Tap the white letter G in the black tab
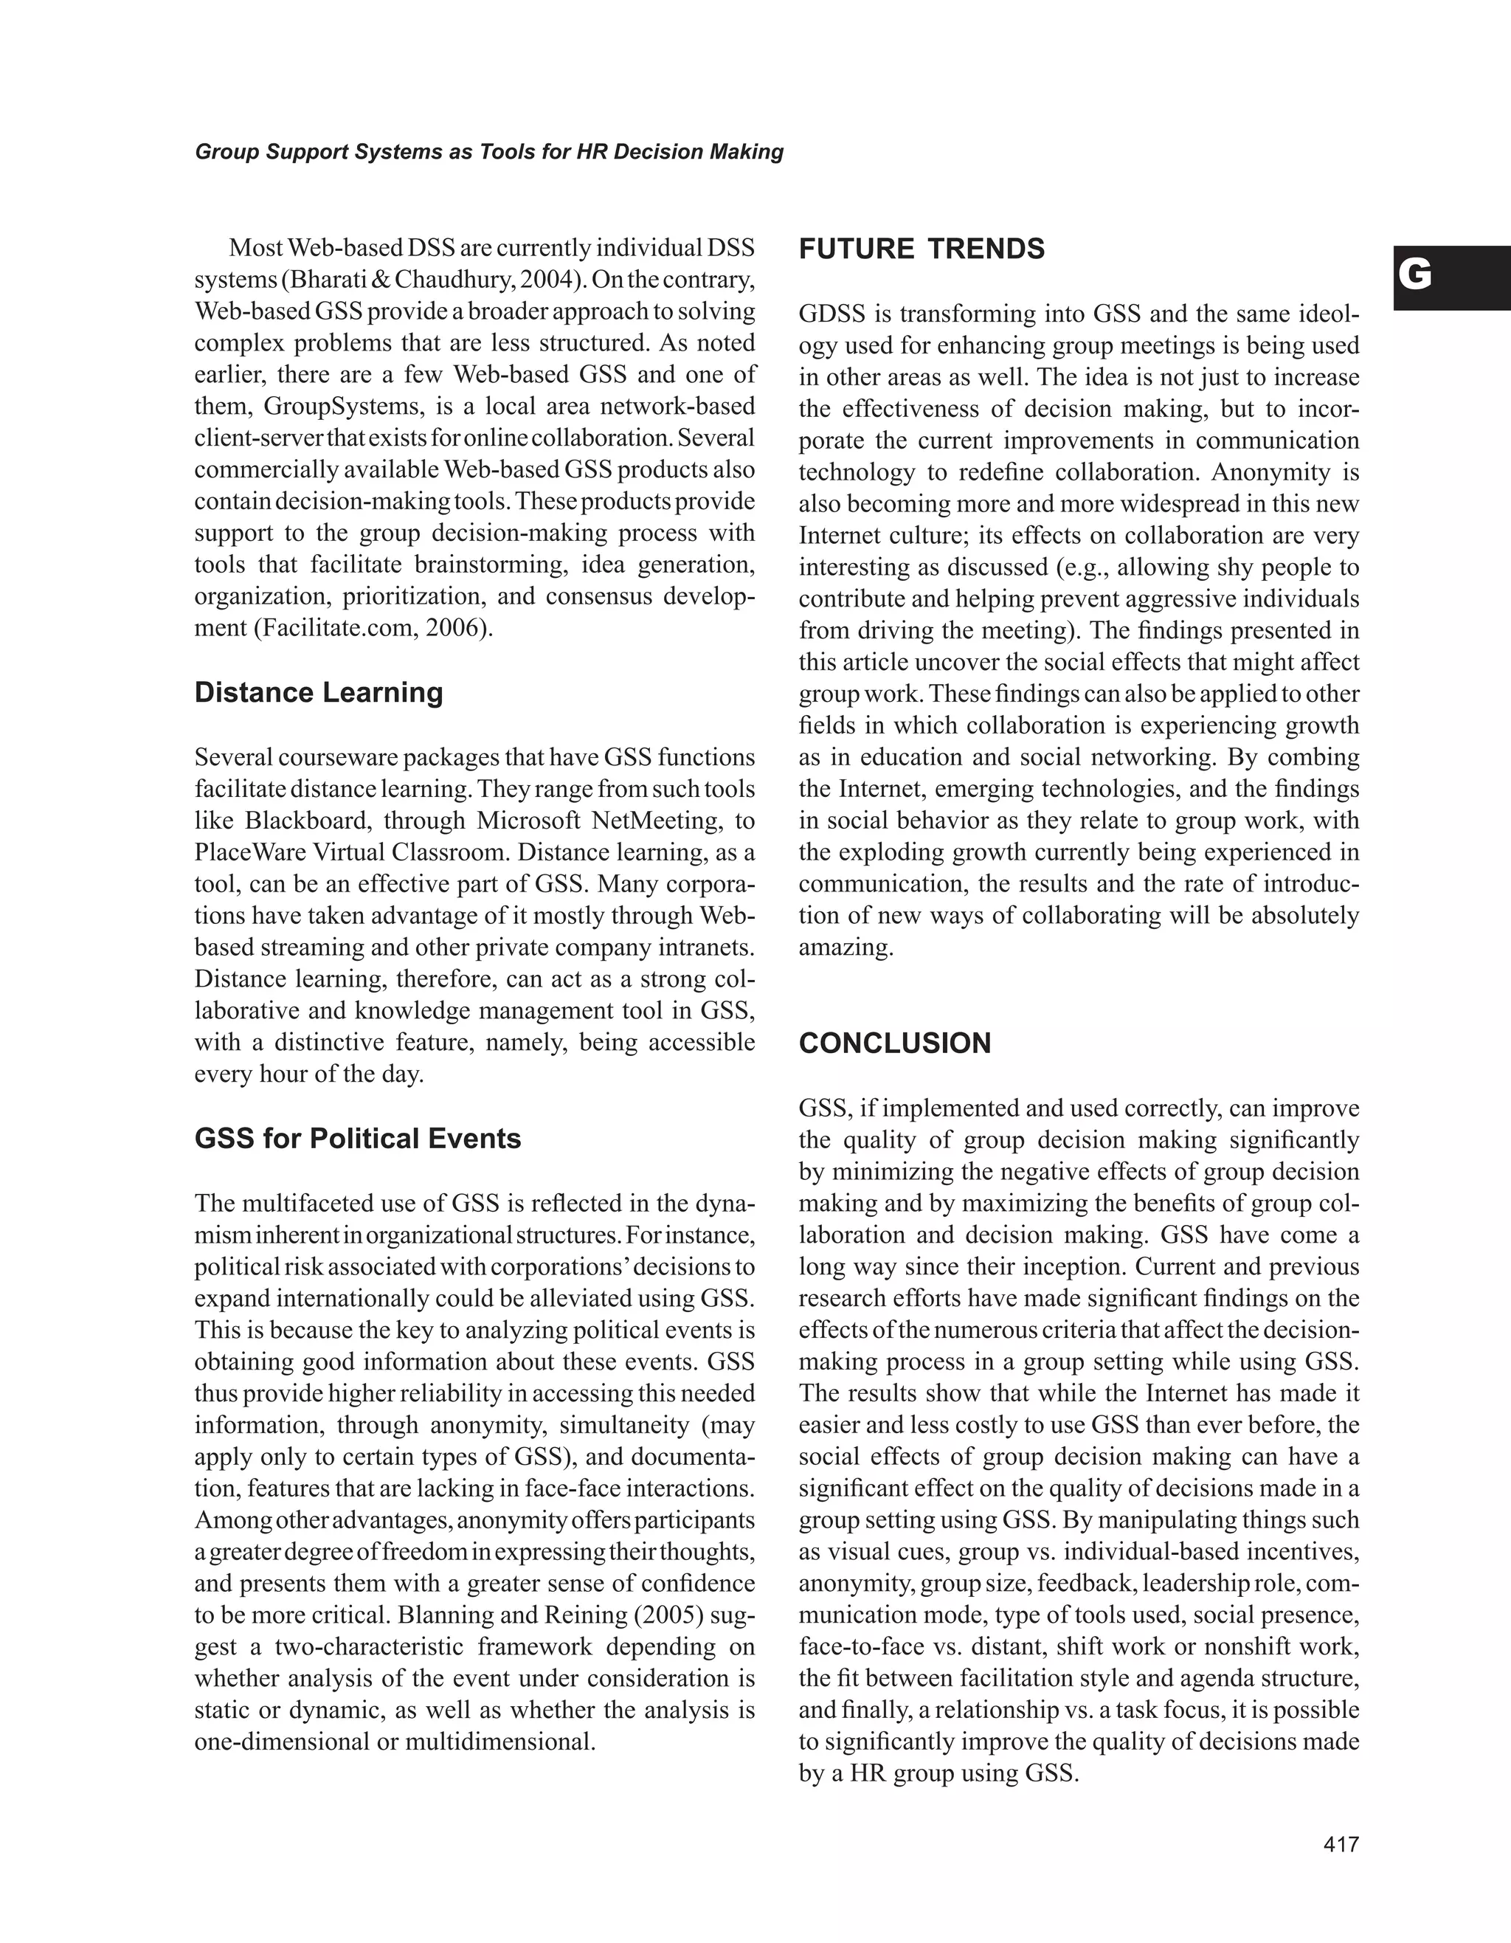point(1415,276)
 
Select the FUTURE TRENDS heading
point(922,249)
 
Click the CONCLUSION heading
point(895,1043)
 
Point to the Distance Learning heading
point(319,692)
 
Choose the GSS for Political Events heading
point(358,1139)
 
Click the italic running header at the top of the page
point(489,152)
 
